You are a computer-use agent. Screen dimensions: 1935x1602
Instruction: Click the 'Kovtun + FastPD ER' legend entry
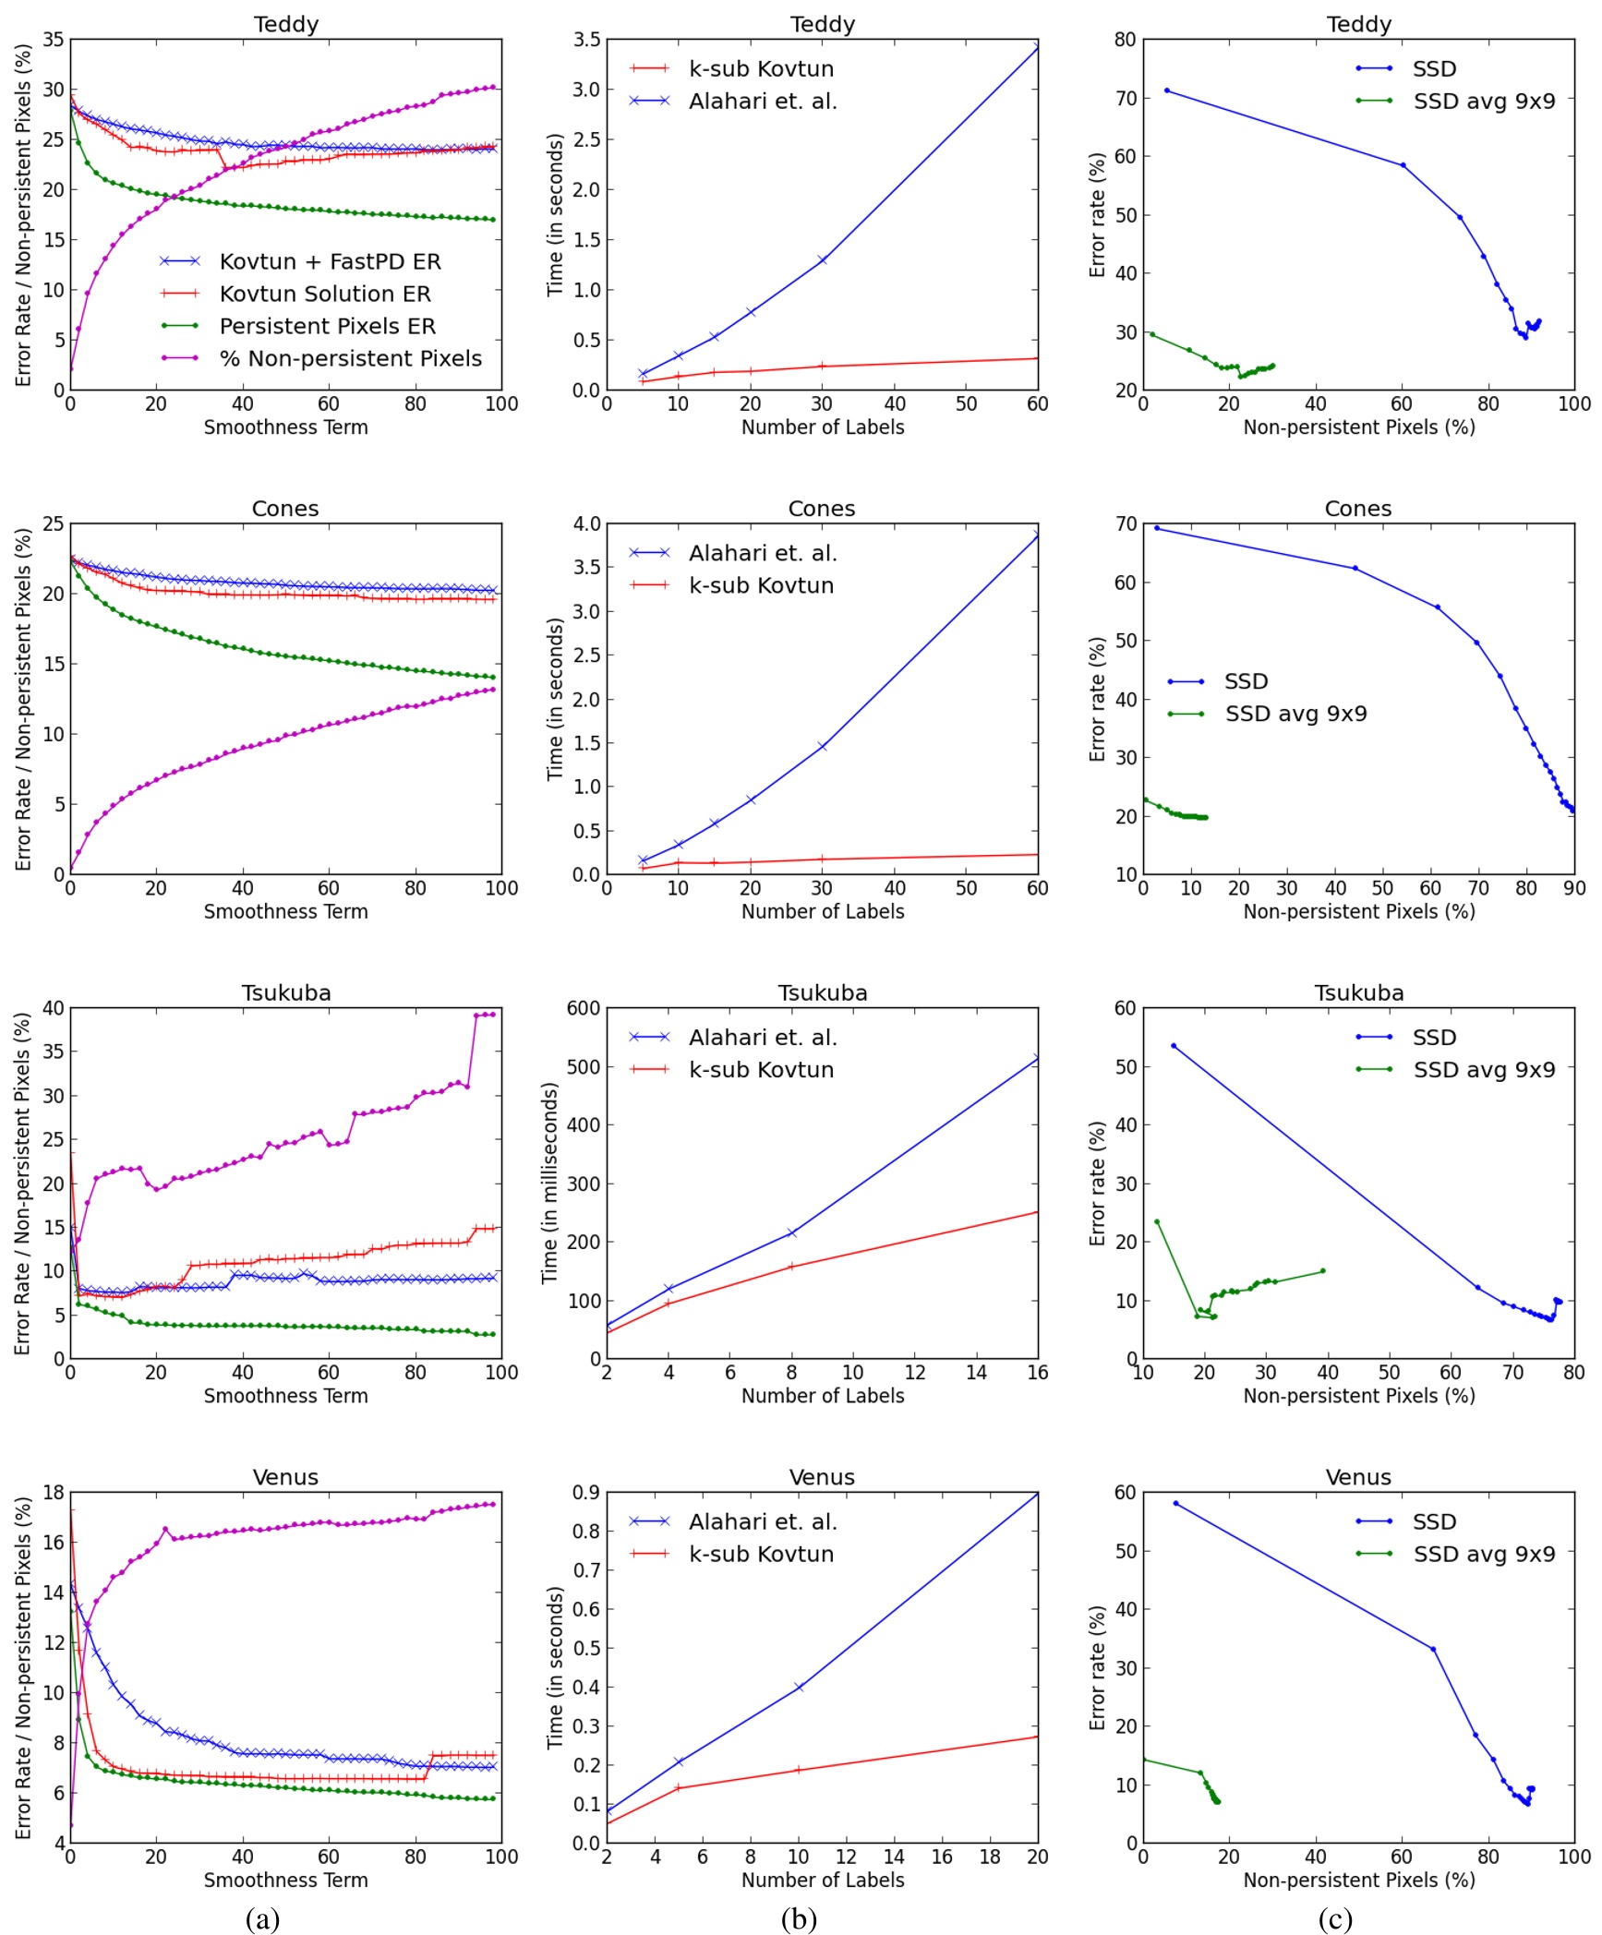tap(330, 261)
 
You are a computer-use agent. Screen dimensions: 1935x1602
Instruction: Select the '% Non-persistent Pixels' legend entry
tap(350, 358)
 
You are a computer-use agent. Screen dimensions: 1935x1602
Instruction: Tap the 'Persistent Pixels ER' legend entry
tap(327, 326)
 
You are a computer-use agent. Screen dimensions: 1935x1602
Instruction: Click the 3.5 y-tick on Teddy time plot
tap(586, 40)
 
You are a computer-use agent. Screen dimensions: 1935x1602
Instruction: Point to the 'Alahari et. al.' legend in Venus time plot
tap(763, 1521)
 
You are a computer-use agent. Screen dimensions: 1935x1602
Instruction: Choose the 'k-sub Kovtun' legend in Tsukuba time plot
tap(761, 1069)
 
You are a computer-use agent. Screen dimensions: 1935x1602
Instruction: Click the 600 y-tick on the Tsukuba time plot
tap(583, 1008)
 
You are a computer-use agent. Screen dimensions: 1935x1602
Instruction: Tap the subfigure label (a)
tap(262, 1918)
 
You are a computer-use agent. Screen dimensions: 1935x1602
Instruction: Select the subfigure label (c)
tap(1334, 1918)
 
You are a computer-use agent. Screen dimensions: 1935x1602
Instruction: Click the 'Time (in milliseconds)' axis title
tap(550, 1183)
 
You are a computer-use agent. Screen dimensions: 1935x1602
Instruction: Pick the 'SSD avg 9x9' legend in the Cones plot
tap(1295, 714)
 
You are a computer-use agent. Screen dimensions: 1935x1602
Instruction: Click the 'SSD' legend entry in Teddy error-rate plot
tap(1434, 68)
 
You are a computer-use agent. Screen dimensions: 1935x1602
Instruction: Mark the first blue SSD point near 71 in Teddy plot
tap(1167, 90)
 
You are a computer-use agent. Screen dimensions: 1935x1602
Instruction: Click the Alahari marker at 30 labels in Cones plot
tap(822, 746)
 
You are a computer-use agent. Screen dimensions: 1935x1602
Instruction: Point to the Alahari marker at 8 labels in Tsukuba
tap(791, 1232)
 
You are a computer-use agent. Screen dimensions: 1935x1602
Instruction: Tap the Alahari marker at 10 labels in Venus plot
tap(799, 1687)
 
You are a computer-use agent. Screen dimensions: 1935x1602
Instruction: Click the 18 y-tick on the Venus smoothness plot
tap(54, 1493)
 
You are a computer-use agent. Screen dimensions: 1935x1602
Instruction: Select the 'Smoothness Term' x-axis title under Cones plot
tap(285, 911)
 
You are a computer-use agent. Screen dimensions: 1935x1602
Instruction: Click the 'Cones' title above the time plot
tap(822, 509)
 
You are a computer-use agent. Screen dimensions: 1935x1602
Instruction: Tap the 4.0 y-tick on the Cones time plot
tap(586, 524)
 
